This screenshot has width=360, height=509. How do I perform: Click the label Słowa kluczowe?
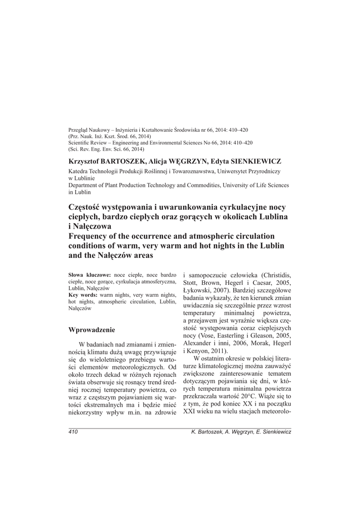[90, 275]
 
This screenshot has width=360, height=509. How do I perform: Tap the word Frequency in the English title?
[89, 236]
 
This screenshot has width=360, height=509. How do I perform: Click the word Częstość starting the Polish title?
[86, 207]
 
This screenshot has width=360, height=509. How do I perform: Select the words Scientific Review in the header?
[89, 143]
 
